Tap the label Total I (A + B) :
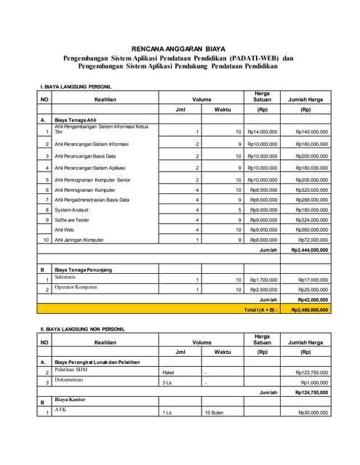click(261, 310)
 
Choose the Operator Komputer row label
click(76, 288)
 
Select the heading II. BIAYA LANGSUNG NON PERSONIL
click(81, 329)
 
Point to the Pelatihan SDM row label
click(71, 370)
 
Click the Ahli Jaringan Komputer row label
click(84, 239)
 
